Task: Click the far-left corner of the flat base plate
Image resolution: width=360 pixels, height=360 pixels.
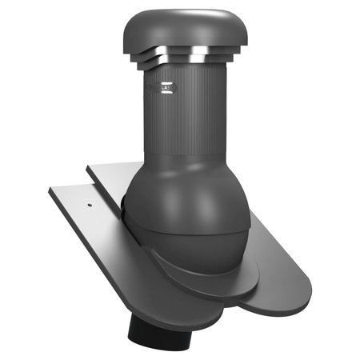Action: pos(49,191)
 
